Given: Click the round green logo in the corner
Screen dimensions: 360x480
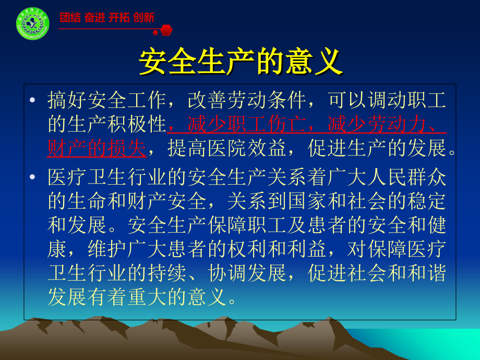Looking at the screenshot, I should (x=32, y=23).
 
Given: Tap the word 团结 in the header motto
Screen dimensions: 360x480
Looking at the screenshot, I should (x=70, y=18).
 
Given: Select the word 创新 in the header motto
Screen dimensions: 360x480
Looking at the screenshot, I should (x=143, y=18).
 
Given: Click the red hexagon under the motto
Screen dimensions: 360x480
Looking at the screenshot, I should (x=165, y=30).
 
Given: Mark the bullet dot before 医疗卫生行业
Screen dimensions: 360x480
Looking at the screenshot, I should (x=33, y=177).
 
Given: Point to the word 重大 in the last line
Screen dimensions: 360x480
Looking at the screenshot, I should (x=148, y=298).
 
